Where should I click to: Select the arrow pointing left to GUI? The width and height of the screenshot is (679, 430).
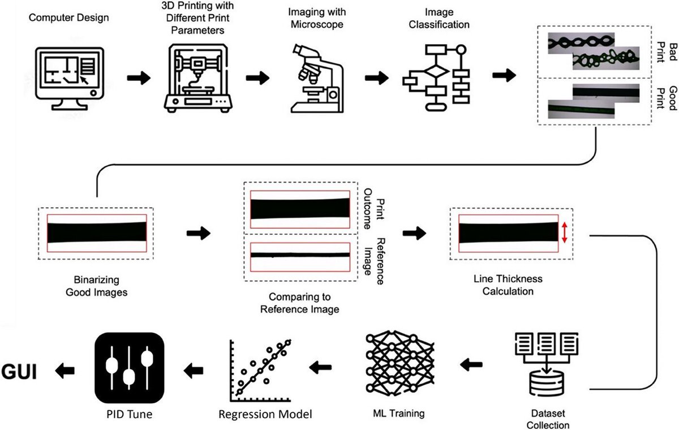click(x=65, y=371)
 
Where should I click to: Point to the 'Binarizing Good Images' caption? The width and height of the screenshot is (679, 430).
click(x=96, y=286)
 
